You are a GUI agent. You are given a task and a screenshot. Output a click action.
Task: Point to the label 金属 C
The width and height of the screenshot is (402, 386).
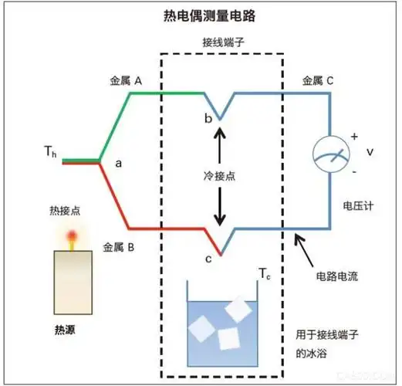tap(319, 80)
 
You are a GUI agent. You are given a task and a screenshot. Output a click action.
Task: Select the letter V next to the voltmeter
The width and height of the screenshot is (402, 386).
tap(370, 152)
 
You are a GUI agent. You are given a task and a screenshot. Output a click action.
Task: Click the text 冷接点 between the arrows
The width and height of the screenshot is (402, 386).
tap(221, 176)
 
